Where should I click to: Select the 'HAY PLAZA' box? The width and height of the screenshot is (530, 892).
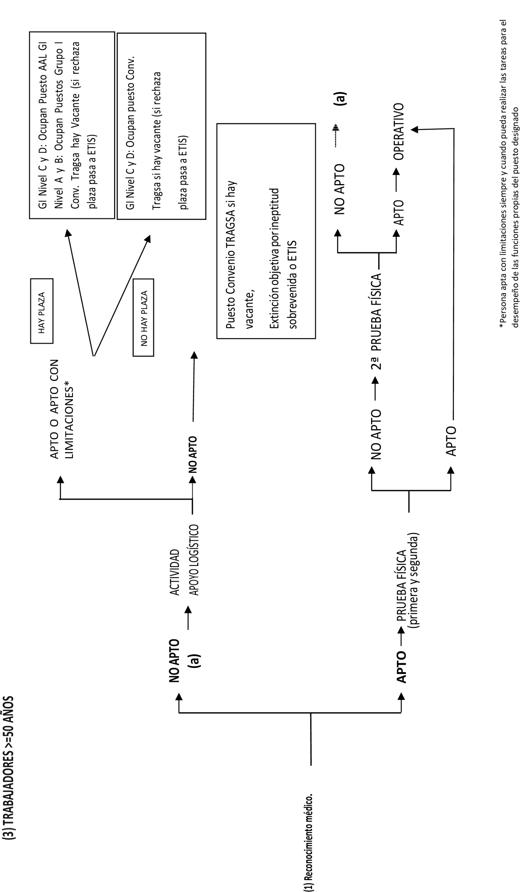click(x=42, y=311)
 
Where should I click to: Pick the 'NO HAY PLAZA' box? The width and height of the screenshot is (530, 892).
click(x=143, y=317)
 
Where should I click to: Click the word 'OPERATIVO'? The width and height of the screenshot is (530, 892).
click(x=399, y=131)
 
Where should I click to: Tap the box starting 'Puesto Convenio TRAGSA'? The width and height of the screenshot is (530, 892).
click(x=266, y=231)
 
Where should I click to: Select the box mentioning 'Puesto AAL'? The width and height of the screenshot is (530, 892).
click(x=72, y=125)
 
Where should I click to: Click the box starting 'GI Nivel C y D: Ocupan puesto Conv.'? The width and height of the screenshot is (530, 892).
click(x=162, y=126)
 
